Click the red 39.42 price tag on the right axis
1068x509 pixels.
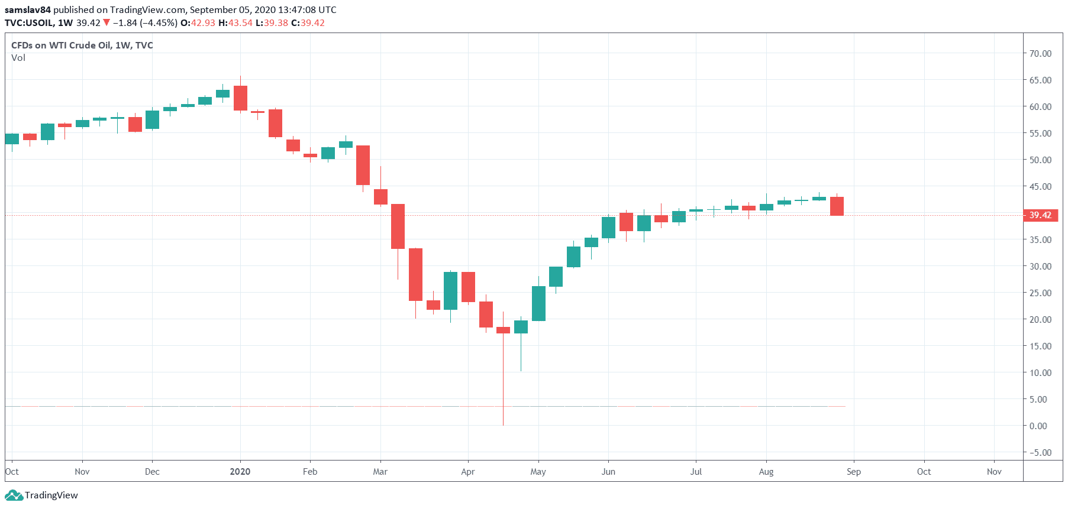[1040, 215]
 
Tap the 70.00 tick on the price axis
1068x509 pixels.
[1040, 53]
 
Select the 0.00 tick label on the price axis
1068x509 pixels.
[1038, 426]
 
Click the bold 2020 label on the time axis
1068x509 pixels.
[240, 472]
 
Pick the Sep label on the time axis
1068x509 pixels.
[853, 472]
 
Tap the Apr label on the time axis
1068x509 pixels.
[467, 472]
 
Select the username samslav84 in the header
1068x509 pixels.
[28, 10]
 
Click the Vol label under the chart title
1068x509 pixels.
[18, 58]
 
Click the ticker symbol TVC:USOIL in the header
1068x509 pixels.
[30, 23]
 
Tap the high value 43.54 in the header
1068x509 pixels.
[240, 23]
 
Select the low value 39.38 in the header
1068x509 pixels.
[276, 23]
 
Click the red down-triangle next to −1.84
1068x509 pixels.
[107, 23]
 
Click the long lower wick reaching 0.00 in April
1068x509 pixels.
[503, 384]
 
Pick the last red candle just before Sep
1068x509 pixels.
[837, 206]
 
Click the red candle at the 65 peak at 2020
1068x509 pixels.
[240, 98]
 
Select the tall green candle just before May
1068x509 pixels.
[538, 303]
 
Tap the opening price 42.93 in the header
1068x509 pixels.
[203, 23]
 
